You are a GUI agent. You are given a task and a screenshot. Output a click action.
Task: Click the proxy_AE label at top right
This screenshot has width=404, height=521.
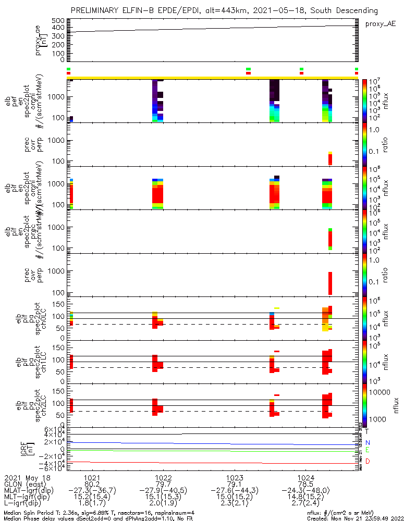pos(380,24)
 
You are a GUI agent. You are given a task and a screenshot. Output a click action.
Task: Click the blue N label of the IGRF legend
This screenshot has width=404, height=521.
pos(368,442)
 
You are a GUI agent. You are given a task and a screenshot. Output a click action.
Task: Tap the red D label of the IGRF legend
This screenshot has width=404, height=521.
pos(368,461)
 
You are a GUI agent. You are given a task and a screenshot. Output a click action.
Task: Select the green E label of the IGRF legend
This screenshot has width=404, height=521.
pos(368,450)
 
